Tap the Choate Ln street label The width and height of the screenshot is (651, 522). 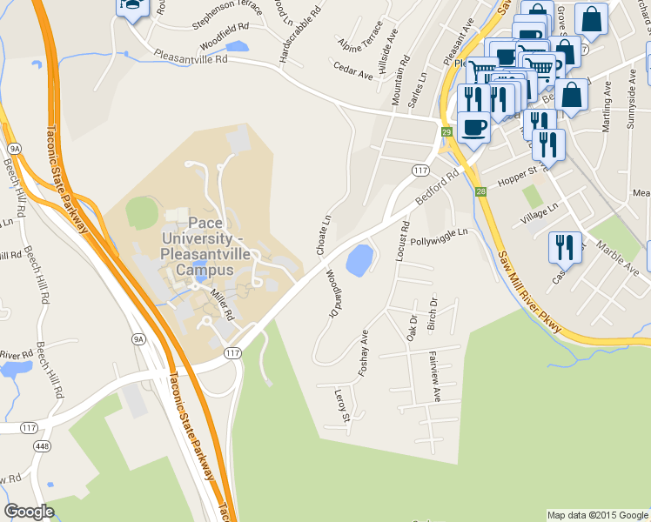325,235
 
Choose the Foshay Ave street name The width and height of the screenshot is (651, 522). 366,353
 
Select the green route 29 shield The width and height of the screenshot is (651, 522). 446,132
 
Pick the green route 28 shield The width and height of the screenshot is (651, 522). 480,191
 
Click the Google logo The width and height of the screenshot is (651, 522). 29,512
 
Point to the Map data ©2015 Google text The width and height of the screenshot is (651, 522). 597,515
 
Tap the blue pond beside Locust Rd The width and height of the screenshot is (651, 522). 359,258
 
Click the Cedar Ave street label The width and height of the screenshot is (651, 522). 352,70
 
